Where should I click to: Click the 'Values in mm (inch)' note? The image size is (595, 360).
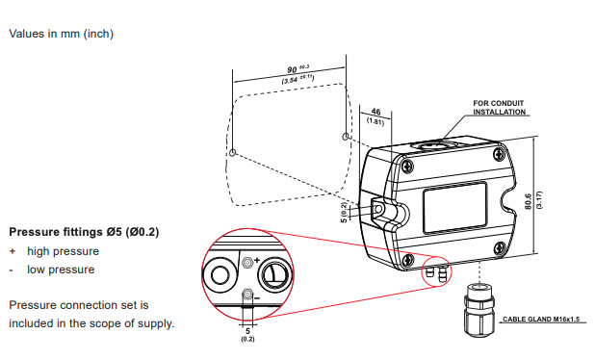point(61,34)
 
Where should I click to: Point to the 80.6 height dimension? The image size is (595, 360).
point(529,201)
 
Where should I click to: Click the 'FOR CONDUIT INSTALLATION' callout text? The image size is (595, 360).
point(499,108)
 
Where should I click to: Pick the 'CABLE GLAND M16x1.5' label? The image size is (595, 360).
point(541,319)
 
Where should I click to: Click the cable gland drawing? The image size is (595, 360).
point(479,310)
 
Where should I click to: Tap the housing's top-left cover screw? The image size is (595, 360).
point(407,166)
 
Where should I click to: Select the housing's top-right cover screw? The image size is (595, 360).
point(499,153)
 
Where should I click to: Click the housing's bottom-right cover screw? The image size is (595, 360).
point(500,247)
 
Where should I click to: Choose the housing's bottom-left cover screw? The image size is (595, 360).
point(408,260)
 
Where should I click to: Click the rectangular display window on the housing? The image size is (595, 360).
point(455,207)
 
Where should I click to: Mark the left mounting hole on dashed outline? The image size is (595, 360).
point(233,152)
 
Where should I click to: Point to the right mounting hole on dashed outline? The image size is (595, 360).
point(346,136)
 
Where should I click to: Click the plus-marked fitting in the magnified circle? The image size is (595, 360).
point(247,262)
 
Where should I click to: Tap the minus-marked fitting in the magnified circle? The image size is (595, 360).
point(247,295)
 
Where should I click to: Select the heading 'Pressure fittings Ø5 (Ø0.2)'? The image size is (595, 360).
point(84,232)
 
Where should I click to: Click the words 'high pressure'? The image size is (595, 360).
point(63,251)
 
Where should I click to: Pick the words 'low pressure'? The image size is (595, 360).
point(61,270)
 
